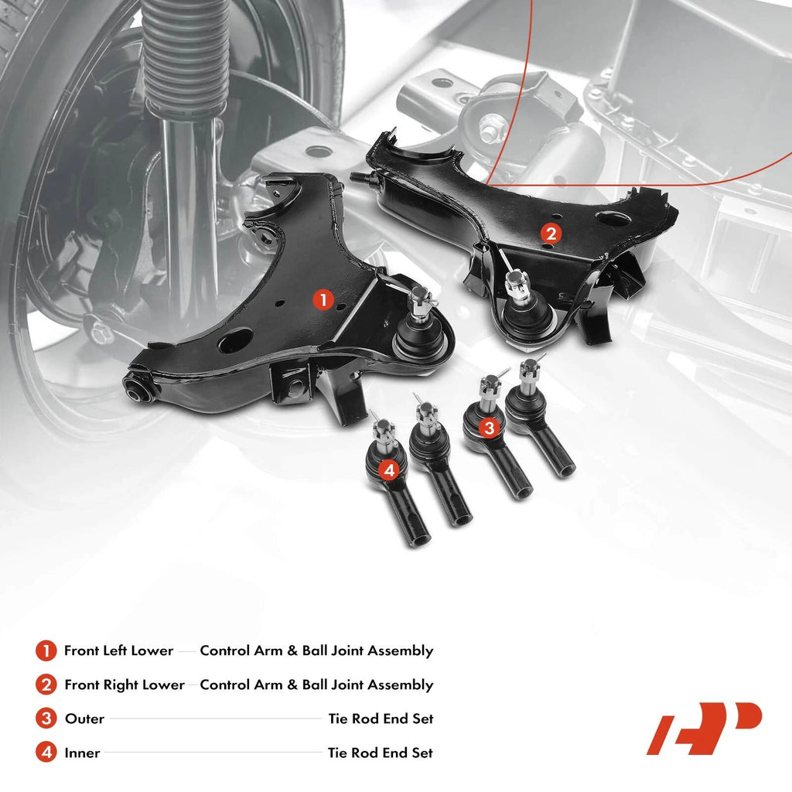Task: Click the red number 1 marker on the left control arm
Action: click(323, 299)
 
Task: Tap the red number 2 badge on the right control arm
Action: click(551, 234)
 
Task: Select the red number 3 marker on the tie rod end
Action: click(489, 428)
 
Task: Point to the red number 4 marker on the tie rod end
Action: click(390, 471)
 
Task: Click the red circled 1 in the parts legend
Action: click(46, 650)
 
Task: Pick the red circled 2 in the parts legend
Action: click(46, 685)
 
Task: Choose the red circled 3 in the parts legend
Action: click(46, 719)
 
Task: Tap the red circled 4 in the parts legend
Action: click(46, 753)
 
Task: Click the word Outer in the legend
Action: click(84, 719)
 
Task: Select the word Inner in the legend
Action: click(82, 753)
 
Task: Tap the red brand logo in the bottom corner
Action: click(704, 728)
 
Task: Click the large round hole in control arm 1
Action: click(235, 340)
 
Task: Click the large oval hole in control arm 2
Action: click(613, 219)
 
